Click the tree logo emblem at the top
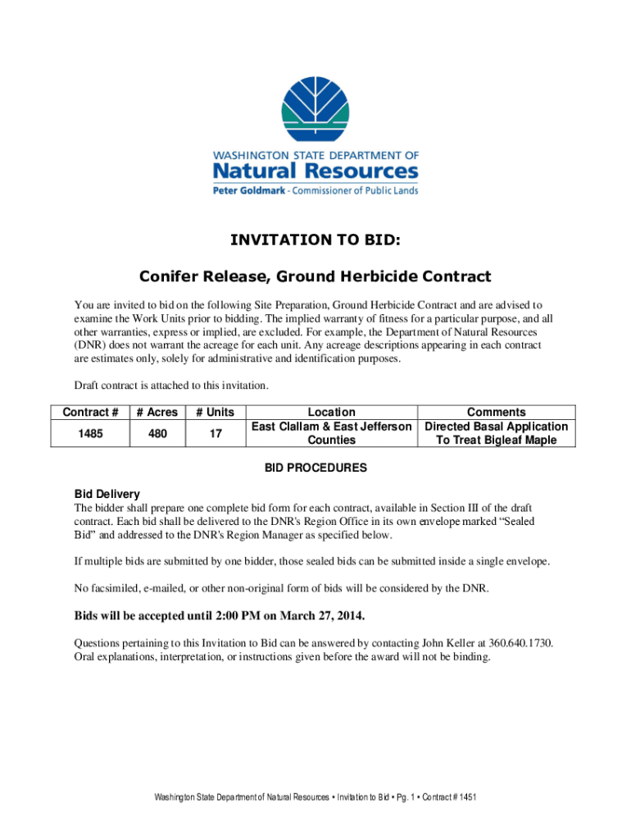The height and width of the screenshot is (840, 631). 315,109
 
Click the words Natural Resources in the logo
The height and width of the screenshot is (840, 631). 315,171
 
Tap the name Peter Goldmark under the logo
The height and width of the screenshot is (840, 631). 247,190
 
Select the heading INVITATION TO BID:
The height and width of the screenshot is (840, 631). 315,240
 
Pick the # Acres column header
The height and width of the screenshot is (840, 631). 158,412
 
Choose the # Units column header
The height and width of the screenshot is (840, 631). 216,412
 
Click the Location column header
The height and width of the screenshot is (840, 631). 331,412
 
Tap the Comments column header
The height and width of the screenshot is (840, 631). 496,412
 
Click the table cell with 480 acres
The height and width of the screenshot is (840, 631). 158,433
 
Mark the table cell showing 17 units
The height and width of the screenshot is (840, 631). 216,433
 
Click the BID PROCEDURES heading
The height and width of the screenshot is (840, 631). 315,468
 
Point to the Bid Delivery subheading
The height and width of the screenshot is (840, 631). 107,494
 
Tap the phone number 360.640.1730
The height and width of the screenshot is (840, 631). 521,643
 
